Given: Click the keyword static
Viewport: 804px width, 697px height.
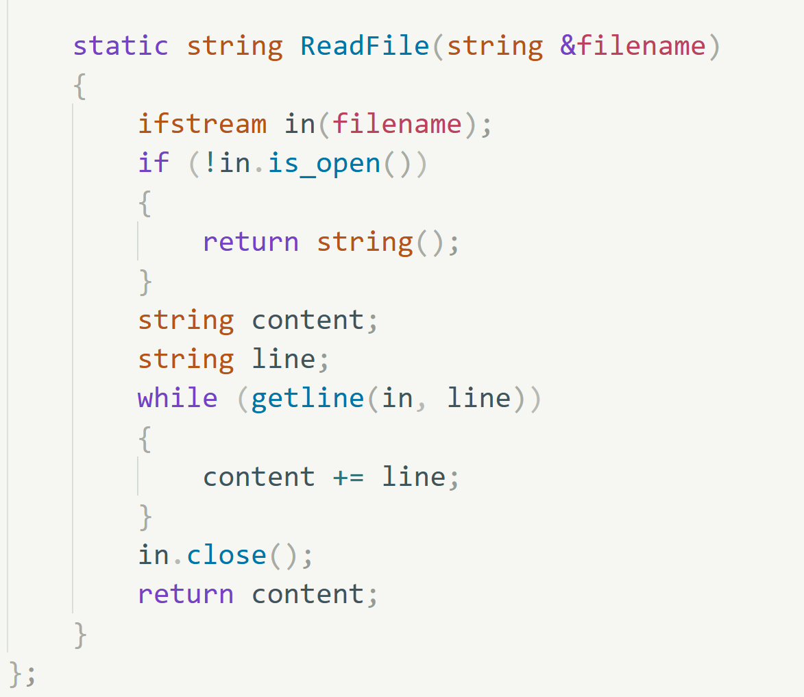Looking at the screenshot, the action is point(121,46).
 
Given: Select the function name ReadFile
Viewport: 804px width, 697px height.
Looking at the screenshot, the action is point(365,46).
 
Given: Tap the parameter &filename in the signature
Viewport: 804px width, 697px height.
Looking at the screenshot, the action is point(633,46).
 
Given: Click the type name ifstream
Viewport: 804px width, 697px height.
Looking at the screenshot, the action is point(202,124).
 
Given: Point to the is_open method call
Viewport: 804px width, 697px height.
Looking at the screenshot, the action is point(324,164).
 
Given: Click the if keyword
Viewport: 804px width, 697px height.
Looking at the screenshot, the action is point(154,163).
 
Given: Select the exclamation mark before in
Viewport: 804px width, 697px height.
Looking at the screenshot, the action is point(210,163).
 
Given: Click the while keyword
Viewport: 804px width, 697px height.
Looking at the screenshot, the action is point(178,398).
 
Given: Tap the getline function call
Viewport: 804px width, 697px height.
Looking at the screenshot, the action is point(308,399).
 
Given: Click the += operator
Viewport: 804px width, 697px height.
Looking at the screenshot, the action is point(348,478).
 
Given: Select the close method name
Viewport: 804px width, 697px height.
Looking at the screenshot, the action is point(227,555).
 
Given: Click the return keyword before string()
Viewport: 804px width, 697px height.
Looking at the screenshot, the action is point(251,242).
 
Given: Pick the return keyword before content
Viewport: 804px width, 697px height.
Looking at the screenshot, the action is point(186,594).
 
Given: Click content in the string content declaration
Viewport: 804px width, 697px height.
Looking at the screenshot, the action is point(308,320).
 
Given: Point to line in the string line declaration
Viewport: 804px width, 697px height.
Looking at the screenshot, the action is point(284,359).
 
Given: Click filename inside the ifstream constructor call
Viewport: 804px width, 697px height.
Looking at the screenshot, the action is point(397,124).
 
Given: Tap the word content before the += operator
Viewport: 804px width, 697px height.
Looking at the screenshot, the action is point(259,477).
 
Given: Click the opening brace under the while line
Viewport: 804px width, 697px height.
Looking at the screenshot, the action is point(145,439).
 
